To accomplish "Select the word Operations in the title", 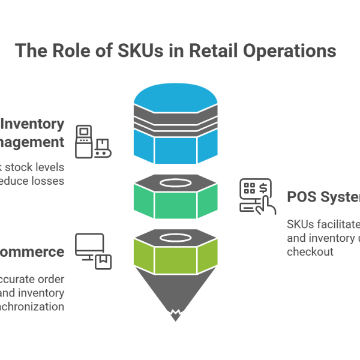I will [x=289, y=51].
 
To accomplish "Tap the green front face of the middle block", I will [x=175, y=203].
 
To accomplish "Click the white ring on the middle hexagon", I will [x=174, y=182].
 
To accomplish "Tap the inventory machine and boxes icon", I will [x=93, y=142].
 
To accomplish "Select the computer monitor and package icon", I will [x=93, y=251].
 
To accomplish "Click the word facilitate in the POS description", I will [x=335, y=225].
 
